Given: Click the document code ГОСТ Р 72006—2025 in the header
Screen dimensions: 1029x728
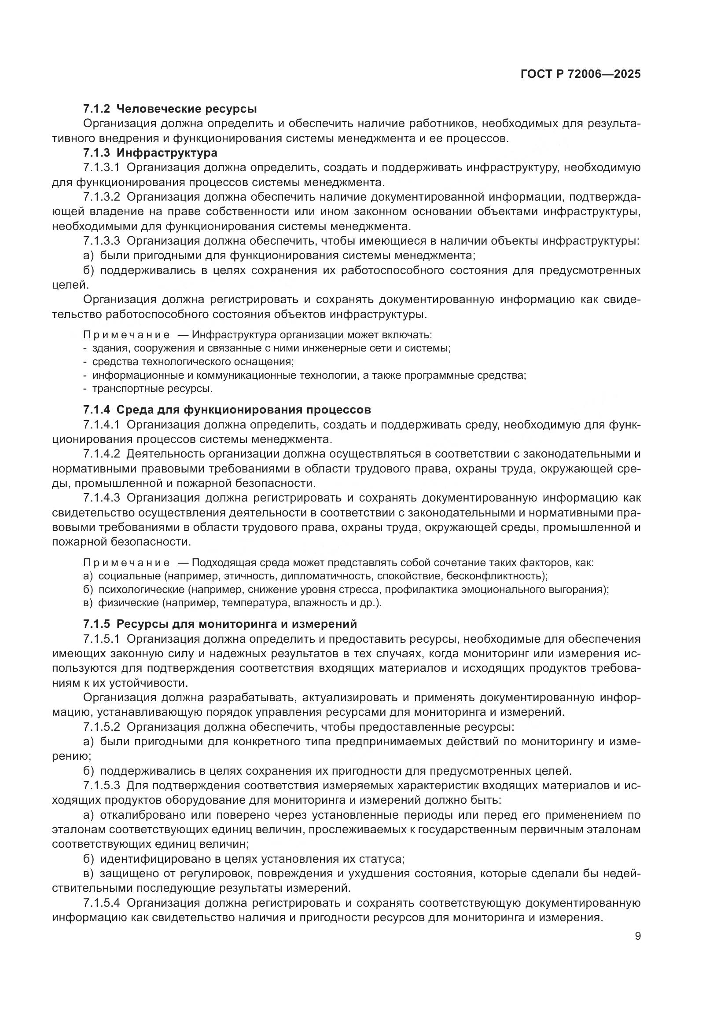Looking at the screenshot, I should [x=581, y=74].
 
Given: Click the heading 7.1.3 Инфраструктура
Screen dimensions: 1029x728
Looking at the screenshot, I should [x=150, y=153].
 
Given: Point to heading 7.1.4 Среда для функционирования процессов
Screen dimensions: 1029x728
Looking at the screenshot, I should [x=227, y=410].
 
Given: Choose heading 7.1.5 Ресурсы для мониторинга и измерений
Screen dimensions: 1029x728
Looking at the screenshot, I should [x=220, y=624].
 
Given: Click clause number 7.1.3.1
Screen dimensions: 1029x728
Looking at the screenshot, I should [x=102, y=168].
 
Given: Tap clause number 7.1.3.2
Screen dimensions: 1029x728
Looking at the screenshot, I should [x=102, y=197].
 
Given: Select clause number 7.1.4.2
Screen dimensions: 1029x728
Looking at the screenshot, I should [x=102, y=454].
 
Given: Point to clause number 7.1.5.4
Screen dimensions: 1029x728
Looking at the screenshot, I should [x=102, y=902].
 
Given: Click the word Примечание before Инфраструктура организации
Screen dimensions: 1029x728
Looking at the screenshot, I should [x=126, y=335].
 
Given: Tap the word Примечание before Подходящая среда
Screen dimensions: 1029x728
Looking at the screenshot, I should [x=126, y=563].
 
